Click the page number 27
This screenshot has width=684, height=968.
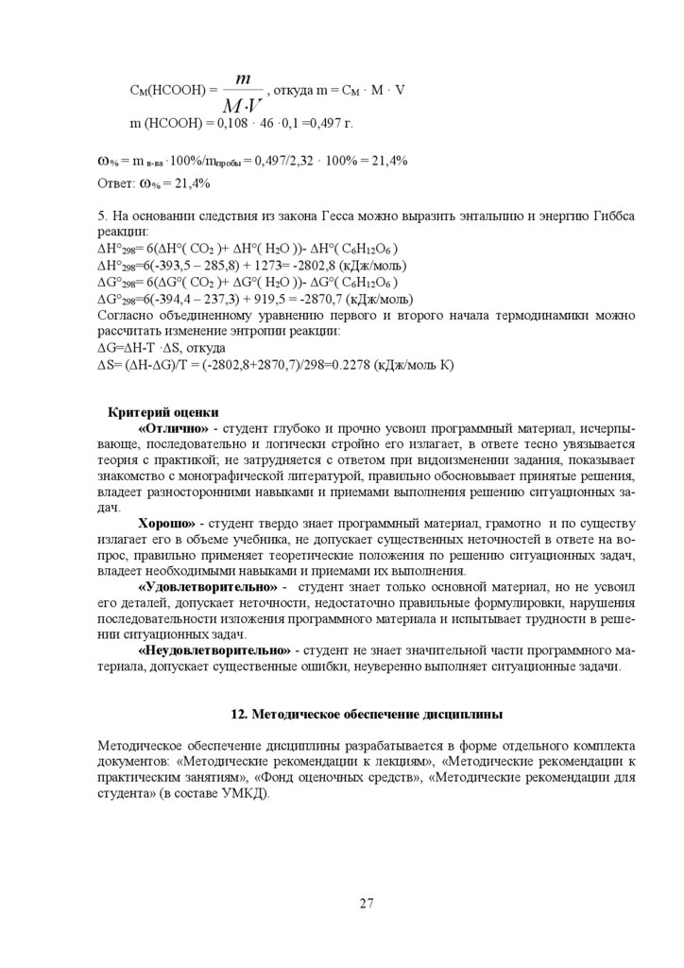(367, 903)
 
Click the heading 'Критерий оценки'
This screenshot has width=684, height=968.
(162, 412)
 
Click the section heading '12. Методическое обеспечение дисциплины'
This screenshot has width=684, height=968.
(368, 714)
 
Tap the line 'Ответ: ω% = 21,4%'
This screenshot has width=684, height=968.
(154, 183)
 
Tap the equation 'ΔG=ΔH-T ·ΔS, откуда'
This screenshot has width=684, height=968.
(162, 347)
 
